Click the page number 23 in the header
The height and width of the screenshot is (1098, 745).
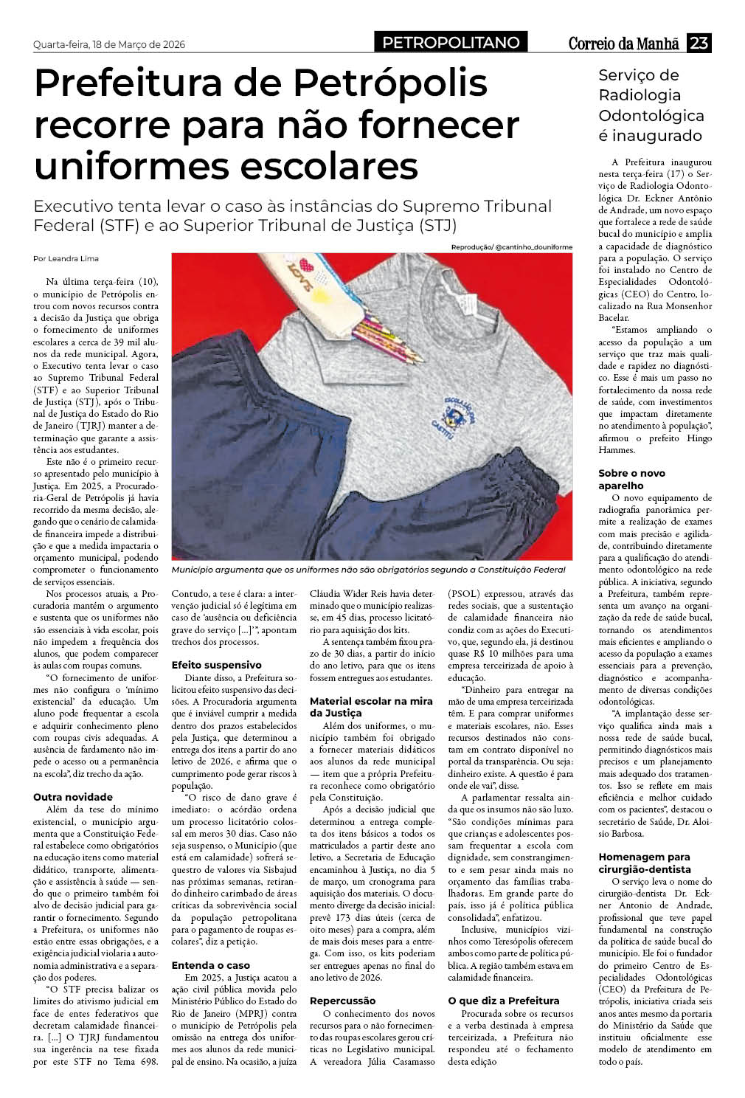pos(699,44)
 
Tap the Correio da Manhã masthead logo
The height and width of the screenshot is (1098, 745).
pos(623,44)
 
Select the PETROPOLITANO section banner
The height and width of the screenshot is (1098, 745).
pos(451,43)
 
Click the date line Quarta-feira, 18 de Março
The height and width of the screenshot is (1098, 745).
pos(109,44)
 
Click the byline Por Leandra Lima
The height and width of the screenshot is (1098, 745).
pos(66,259)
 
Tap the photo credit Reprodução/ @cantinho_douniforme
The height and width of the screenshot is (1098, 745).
pos(511,247)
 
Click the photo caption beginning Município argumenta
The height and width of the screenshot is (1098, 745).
pos(368,570)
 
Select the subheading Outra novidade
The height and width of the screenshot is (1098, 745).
pos(73,797)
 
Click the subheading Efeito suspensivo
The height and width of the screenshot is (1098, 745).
pos(216,665)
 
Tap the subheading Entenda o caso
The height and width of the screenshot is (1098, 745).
pos(211,965)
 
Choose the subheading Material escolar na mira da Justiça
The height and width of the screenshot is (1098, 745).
pos(371,707)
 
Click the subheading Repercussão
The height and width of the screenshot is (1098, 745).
pos(342,1001)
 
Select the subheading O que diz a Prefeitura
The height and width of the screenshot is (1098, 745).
pos(504,1001)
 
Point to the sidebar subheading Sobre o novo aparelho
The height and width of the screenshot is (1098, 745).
pos(631,480)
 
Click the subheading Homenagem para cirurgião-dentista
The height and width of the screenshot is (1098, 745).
pos(644,863)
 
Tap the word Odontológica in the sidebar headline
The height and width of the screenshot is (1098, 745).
pos(651,116)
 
